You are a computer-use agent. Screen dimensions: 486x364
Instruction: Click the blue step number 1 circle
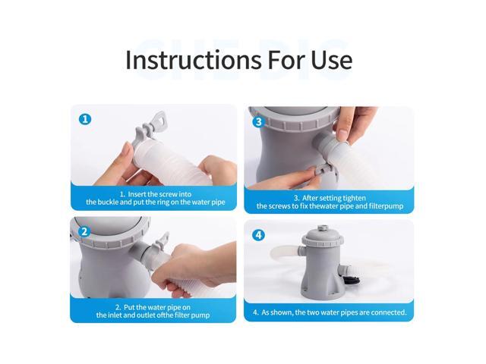click(85, 119)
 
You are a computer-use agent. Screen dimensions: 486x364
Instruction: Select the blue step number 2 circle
click(84, 231)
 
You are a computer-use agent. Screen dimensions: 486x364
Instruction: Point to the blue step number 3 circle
click(258, 122)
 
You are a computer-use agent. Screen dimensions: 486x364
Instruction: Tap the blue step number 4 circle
click(258, 235)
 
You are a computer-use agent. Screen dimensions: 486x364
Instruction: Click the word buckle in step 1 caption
click(108, 202)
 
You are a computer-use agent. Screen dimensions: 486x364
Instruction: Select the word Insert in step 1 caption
click(137, 194)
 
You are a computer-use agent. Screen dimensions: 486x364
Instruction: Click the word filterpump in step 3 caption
click(387, 206)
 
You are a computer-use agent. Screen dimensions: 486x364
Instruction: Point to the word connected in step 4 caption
click(388, 312)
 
